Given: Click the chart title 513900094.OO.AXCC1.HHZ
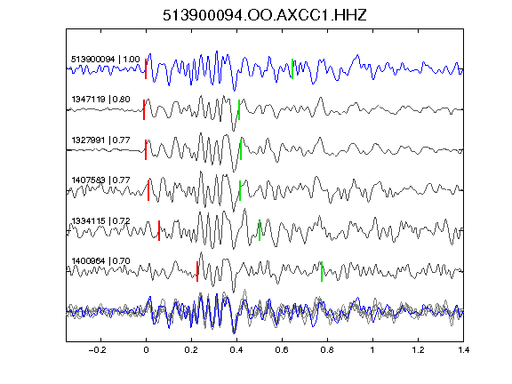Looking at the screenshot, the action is click(x=265, y=15).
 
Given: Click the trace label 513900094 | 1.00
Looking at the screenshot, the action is click(x=106, y=59).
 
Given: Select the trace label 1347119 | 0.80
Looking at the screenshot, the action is click(x=101, y=99).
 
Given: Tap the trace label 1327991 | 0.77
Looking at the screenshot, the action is click(x=101, y=140).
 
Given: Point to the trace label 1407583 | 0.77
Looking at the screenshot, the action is click(x=101, y=180).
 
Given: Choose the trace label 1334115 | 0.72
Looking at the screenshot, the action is click(x=101, y=220).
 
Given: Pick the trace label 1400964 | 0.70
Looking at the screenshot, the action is click(x=101, y=261).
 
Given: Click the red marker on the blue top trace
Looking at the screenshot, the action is click(x=146, y=68).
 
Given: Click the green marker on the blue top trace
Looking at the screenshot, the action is click(x=292, y=68).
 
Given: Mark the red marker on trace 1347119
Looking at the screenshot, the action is click(x=144, y=109).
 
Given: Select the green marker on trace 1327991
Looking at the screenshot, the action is click(x=241, y=149).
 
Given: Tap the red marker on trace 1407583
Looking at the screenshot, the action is click(x=148, y=190).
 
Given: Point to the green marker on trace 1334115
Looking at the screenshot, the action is click(x=260, y=230).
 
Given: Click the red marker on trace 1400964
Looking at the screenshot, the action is click(x=197, y=271).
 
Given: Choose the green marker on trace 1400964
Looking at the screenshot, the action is click(x=322, y=271).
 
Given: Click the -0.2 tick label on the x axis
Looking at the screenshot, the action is click(x=97, y=350).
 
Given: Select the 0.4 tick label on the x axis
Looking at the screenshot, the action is click(x=236, y=350).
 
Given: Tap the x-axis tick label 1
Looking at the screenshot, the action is click(x=372, y=350).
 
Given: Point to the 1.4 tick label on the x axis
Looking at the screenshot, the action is click(x=463, y=350).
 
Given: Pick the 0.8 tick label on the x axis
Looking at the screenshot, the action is click(x=327, y=350).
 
